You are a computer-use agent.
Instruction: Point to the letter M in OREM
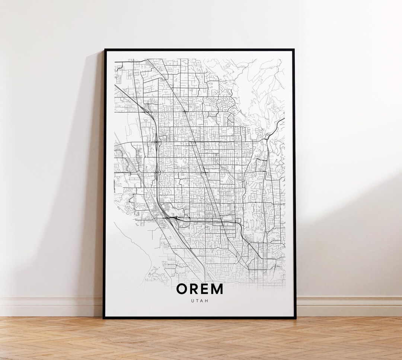pyautogui.click(x=217, y=289)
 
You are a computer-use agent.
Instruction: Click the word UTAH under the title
pyautogui.click(x=200, y=300)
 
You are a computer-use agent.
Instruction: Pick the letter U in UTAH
pyautogui.click(x=192, y=300)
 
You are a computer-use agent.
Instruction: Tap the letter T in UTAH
pyautogui.click(x=197, y=300)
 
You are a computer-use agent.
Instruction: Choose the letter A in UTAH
pyautogui.click(x=202, y=300)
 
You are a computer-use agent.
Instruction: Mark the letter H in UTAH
pyautogui.click(x=207, y=300)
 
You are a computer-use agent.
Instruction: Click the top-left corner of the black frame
pyautogui.click(x=104, y=49)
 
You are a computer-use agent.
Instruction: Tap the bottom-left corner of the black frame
pyautogui.click(x=104, y=318)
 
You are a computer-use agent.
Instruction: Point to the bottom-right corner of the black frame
pyautogui.click(x=296, y=318)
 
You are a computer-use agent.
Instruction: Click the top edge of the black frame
pyautogui.click(x=199, y=49)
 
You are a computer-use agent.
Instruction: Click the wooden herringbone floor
pyautogui.click(x=201, y=338)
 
